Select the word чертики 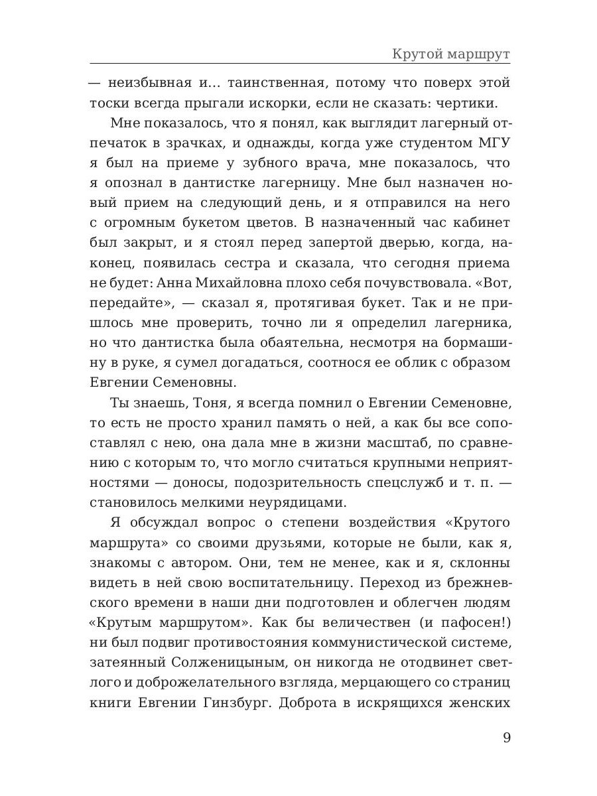(476, 103)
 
